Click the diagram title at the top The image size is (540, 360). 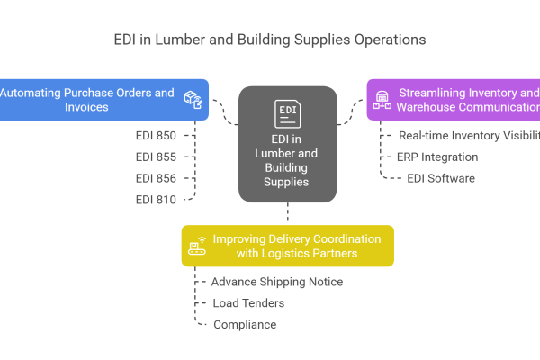tap(269, 40)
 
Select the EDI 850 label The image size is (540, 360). tap(156, 135)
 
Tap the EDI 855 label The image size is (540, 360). tap(156, 157)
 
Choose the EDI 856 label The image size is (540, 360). tap(156, 178)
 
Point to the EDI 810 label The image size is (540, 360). tap(156, 200)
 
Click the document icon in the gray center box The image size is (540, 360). tap(287, 114)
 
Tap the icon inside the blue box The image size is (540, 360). tap(192, 99)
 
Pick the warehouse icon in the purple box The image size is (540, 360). tap(381, 100)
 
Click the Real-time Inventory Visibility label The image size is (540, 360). tap(469, 135)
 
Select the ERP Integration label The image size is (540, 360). tap(437, 157)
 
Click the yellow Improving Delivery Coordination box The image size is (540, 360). tap(288, 246)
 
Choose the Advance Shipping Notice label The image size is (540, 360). tap(276, 282)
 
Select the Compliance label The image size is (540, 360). tap(244, 325)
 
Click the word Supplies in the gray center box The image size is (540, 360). tap(287, 181)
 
